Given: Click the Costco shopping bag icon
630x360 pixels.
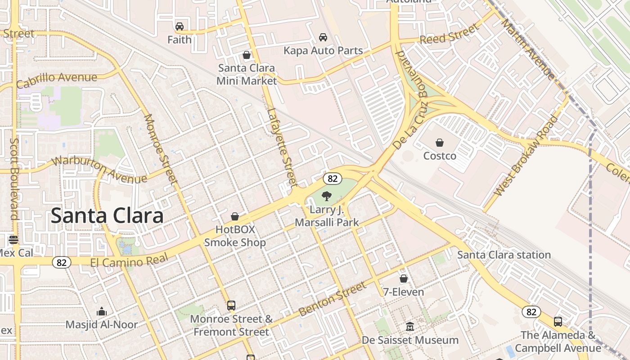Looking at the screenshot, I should (440, 143).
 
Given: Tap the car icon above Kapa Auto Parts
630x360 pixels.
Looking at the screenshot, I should (323, 37).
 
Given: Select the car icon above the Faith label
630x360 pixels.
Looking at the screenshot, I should (180, 26).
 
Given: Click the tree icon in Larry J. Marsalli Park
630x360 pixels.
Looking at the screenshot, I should (327, 196).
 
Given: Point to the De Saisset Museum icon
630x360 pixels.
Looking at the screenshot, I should (410, 326).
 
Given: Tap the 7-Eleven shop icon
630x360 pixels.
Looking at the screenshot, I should (404, 279).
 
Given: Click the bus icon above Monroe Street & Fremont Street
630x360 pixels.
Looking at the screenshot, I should (231, 306).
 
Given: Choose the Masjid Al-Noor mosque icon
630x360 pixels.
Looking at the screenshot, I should (102, 311).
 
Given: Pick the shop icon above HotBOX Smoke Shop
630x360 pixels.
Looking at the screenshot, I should (235, 216).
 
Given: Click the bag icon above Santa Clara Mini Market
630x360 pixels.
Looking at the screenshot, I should (247, 55).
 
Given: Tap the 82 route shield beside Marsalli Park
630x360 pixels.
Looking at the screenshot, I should (332, 178).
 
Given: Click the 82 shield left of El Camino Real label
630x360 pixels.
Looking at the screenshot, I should (61, 262).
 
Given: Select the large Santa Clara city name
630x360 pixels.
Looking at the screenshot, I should (107, 216).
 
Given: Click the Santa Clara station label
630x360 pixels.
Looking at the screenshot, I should (504, 255).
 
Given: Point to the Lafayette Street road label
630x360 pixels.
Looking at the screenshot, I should (283, 147).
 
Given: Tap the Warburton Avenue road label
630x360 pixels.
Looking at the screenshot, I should (99, 170).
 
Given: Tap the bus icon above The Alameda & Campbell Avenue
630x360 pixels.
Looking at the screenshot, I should (558, 321).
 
